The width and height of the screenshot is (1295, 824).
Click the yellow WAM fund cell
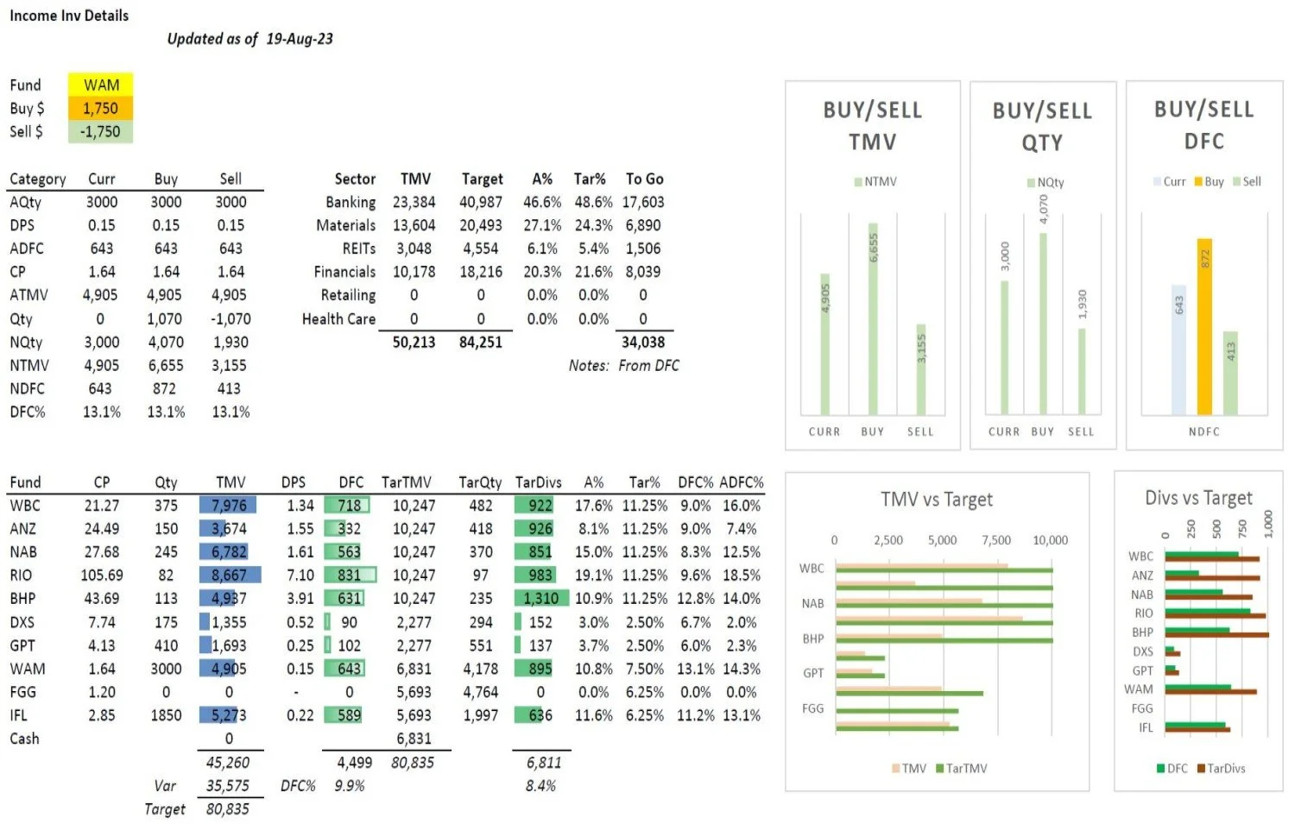101,85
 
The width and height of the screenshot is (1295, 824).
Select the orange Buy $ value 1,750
101,108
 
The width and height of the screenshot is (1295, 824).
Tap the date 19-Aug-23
299,39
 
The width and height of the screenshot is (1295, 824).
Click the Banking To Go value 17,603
642,202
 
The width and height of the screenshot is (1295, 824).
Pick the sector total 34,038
642,342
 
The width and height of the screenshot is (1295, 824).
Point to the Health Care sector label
338,318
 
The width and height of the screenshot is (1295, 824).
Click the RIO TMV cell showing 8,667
230,575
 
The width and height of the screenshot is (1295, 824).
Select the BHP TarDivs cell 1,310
541,598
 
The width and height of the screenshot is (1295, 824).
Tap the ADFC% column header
741,482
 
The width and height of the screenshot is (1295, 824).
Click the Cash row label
24,739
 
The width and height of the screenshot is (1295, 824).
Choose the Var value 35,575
228,785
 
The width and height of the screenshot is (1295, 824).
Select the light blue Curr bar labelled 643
1178,349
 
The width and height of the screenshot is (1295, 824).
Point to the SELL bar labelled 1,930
1082,371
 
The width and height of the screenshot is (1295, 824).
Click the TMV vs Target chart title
937,500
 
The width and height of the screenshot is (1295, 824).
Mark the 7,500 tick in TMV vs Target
996,540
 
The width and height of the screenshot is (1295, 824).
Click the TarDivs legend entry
1221,768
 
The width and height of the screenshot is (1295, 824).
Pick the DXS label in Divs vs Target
1142,651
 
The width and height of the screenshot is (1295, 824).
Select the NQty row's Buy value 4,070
165,342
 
